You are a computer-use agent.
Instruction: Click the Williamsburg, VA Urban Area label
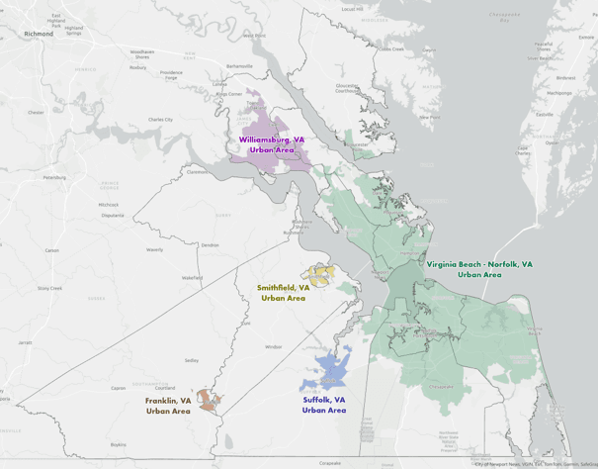pos(271,145)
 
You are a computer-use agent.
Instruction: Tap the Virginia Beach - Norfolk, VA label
pos(479,269)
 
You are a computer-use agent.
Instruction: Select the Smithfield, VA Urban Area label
pos(284,292)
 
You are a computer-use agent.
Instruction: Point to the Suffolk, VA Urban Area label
pos(324,405)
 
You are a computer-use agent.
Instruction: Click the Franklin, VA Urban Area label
pos(168,406)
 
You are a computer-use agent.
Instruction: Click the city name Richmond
pos(39,33)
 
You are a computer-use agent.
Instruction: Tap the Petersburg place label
pos(54,177)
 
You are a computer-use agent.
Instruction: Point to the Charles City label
pos(160,120)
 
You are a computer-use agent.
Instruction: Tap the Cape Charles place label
pos(522,151)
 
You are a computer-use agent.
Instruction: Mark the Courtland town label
pos(165,387)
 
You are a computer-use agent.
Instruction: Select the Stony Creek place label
pos(49,288)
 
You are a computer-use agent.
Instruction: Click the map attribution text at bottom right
pos(534,463)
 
